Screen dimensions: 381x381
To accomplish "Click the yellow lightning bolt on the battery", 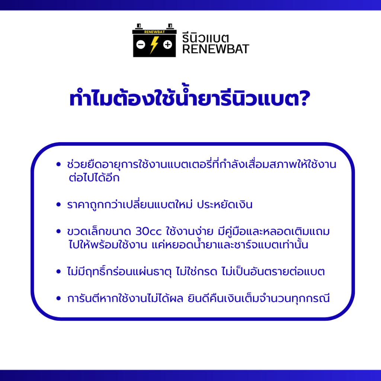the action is pyautogui.click(x=154, y=45).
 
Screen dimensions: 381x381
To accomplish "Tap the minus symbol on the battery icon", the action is pyautogui.click(x=141, y=45).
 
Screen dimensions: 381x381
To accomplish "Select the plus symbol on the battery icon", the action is pyautogui.click(x=168, y=45).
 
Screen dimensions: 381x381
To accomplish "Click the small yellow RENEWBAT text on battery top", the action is pyautogui.click(x=154, y=32).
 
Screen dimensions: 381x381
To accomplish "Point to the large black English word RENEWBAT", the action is pyautogui.click(x=215, y=49).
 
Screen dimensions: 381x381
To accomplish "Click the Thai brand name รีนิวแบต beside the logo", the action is pyautogui.click(x=205, y=38).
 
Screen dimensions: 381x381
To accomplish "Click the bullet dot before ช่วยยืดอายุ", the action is pyautogui.click(x=58, y=164).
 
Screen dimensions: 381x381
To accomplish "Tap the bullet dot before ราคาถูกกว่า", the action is pyautogui.click(x=58, y=204).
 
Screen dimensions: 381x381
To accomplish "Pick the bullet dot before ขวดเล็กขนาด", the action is pyautogui.click(x=58, y=231).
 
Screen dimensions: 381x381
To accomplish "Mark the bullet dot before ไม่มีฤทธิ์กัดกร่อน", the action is pyautogui.click(x=58, y=271).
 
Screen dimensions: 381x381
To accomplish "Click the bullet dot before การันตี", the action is pyautogui.click(x=58, y=298).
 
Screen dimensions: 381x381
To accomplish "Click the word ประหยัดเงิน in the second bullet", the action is pyautogui.click(x=225, y=205).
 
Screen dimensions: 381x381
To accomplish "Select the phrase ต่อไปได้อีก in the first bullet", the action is pyautogui.click(x=94, y=177).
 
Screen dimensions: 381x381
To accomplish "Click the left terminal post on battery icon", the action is pyautogui.click(x=139, y=26).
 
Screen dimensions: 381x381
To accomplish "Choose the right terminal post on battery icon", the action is pyautogui.click(x=170, y=26).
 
